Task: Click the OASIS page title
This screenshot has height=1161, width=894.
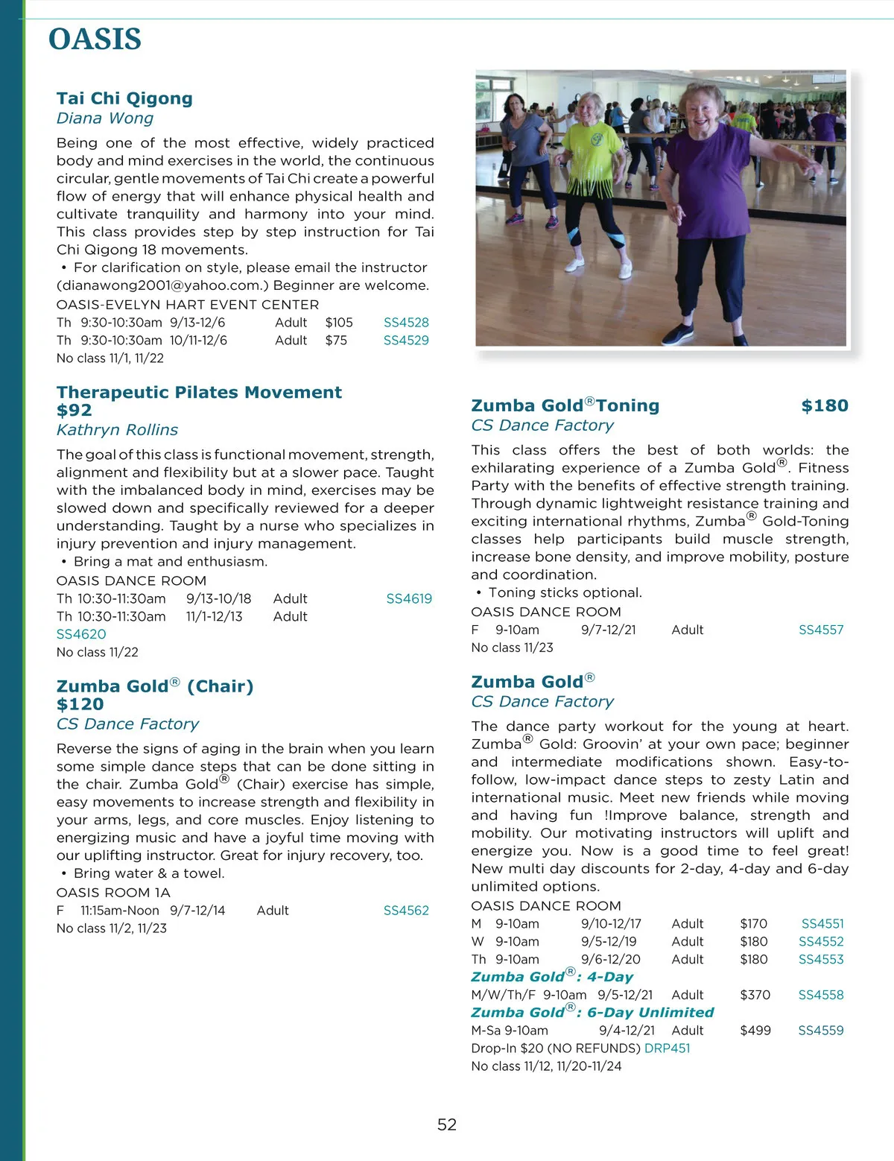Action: [x=95, y=39]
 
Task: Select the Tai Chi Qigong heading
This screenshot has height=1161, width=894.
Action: [x=124, y=98]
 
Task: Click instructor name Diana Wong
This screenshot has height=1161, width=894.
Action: [x=105, y=118]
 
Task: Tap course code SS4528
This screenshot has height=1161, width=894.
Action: [x=406, y=323]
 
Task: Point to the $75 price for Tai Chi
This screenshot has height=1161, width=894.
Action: [x=336, y=341]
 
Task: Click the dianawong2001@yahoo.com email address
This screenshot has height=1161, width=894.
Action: [x=160, y=285]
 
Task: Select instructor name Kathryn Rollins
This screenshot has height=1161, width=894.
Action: [x=117, y=430]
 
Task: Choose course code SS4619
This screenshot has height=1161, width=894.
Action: [x=409, y=598]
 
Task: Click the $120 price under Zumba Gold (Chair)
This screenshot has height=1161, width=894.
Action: [x=80, y=704]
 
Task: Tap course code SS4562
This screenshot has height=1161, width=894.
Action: [x=406, y=911]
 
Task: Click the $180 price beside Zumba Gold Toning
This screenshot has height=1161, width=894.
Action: [x=825, y=406]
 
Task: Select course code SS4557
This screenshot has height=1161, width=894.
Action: [x=821, y=630]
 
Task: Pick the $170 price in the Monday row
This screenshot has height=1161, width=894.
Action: [x=753, y=924]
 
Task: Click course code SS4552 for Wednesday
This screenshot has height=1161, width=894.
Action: [x=821, y=942]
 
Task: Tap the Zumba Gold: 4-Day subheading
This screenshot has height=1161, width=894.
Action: [x=552, y=977]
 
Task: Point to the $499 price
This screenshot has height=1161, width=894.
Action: [x=755, y=1031]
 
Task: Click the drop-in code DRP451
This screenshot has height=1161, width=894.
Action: [x=667, y=1048]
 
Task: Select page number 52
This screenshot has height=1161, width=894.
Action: [x=447, y=1124]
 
